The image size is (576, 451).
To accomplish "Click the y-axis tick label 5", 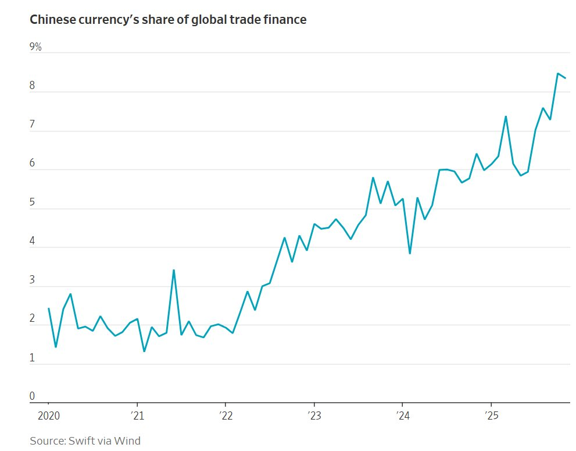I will pyautogui.click(x=33, y=203).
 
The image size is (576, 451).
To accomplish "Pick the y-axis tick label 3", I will pyautogui.click(x=33, y=280).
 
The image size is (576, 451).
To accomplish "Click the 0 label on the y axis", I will pyautogui.click(x=33, y=396).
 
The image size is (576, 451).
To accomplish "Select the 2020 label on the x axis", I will pyautogui.click(x=48, y=416).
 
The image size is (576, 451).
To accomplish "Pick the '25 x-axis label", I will pyautogui.click(x=491, y=416).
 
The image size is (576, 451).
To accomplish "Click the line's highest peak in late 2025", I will pyautogui.click(x=558, y=73).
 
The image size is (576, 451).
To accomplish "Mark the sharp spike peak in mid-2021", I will pyautogui.click(x=174, y=270).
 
